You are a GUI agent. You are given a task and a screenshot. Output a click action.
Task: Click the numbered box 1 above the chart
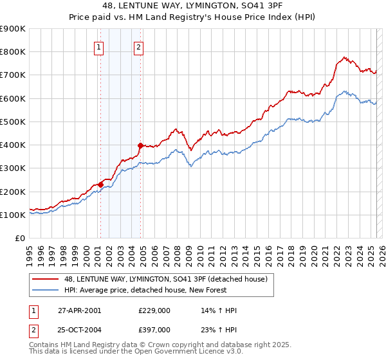tap(99, 46)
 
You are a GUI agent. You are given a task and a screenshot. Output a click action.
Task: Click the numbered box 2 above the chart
tap(138, 46)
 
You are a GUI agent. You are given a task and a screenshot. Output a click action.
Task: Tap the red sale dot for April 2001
tap(100, 184)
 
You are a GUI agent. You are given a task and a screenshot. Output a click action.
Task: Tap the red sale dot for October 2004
tap(140, 145)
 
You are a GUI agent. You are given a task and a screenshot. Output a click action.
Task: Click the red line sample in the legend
tap(47, 278)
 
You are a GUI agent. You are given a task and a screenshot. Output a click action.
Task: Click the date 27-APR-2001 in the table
tap(79, 310)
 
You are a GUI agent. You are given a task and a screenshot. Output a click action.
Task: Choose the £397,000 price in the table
tap(154, 329)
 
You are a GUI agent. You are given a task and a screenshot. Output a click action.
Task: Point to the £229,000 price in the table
tap(154, 310)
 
